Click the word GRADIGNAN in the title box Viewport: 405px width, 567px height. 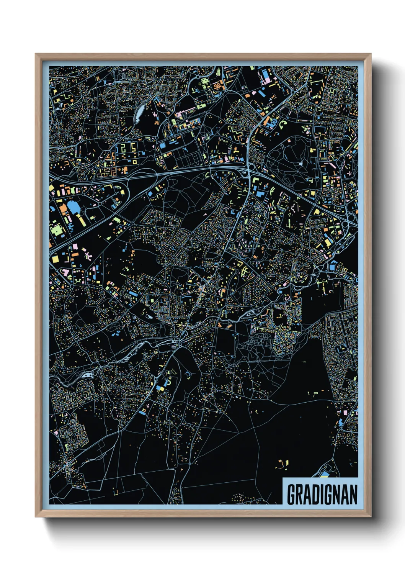point(322,494)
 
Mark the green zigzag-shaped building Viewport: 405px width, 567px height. point(234,131)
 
